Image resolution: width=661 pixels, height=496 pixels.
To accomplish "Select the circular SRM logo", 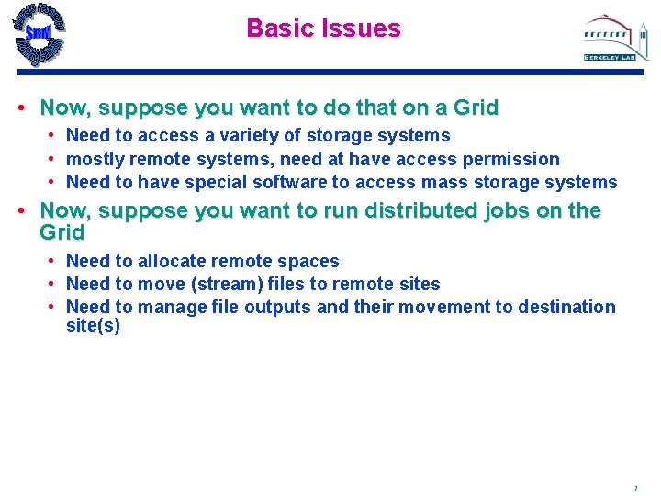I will pos(39,34).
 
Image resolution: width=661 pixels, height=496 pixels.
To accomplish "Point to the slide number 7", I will pos(634,488).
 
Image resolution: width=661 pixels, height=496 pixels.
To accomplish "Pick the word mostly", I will pos(95,159).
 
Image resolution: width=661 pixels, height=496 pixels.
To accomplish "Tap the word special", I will pos(213,182).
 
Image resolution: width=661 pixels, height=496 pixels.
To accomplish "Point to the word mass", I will pos(444,182).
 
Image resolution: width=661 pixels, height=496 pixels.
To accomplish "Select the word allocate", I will pos(173,262).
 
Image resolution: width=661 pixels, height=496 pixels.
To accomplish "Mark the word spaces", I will pos(308,262).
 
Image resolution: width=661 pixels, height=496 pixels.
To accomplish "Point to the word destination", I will pos(566,307).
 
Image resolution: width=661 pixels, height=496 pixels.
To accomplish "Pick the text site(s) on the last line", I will pos(93,326).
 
